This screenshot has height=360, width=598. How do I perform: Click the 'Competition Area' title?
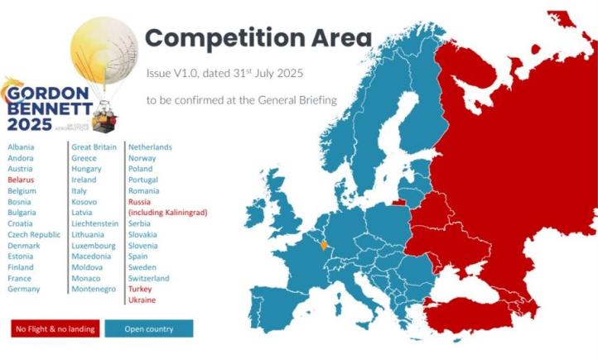pos(258,38)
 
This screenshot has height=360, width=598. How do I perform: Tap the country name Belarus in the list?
pos(21,180)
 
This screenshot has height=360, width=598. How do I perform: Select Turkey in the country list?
pos(141,290)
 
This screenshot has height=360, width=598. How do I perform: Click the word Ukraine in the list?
pos(142,300)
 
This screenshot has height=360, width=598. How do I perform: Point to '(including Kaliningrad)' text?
pos(167,213)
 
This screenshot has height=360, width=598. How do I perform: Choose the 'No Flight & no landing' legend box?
pos(55,329)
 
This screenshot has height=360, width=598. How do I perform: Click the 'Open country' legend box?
pos(149,329)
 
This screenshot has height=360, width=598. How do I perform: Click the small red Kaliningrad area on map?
pos(399,199)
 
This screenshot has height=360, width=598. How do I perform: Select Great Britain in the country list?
pos(94,147)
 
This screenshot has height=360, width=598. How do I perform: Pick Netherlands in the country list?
pos(150,147)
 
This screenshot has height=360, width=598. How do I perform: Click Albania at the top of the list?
pos(21,147)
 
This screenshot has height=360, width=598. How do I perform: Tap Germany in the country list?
pos(23,290)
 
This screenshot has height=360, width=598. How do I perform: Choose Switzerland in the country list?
pos(148,279)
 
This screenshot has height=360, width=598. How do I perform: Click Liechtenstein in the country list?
pos(99,223)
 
